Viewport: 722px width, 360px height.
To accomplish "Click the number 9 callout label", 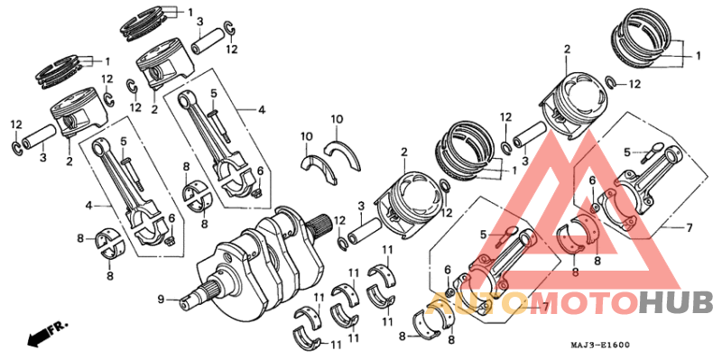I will [x=161, y=299].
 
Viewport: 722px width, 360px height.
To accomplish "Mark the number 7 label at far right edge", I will [x=689, y=227].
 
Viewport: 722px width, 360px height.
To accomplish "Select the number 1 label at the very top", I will [x=190, y=12].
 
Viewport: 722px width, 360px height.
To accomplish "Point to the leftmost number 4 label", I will [x=88, y=206].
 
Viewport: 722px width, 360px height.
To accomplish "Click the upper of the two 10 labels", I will [x=337, y=119].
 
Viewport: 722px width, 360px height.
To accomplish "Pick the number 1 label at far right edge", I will [x=699, y=56].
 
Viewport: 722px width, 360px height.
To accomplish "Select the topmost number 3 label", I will [x=199, y=21].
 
